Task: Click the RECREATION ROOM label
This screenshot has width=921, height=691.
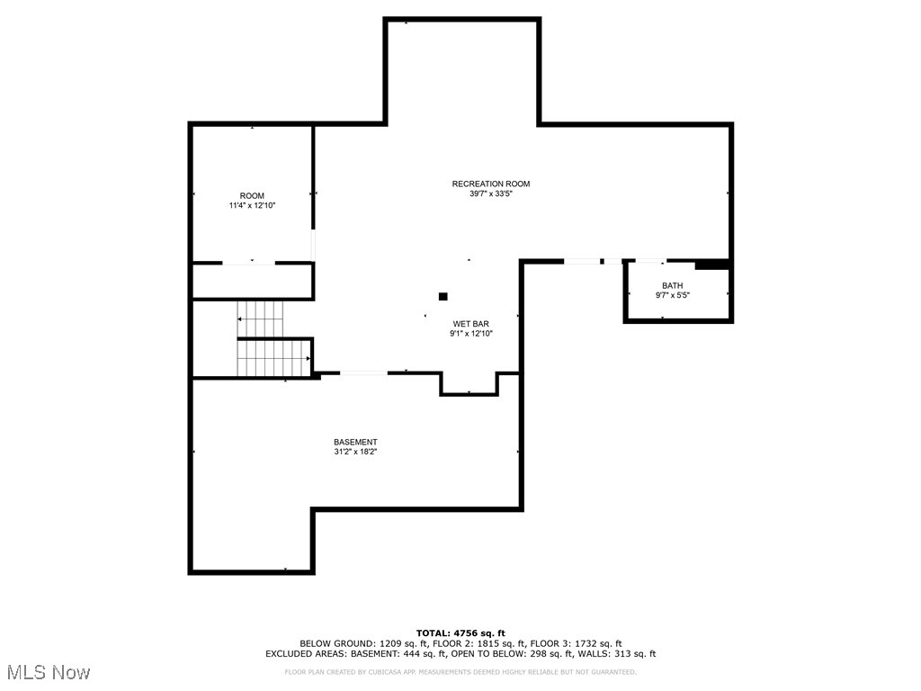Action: pyautogui.click(x=491, y=184)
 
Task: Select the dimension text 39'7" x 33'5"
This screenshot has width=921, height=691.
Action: pyautogui.click(x=491, y=194)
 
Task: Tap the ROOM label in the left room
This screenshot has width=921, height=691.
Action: pyautogui.click(x=252, y=196)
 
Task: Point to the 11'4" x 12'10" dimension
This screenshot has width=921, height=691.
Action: pyautogui.click(x=252, y=206)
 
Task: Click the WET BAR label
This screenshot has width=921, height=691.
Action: pyautogui.click(x=470, y=323)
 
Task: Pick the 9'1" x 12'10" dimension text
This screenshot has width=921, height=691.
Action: pyautogui.click(x=470, y=334)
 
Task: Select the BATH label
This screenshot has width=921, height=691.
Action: pyautogui.click(x=673, y=285)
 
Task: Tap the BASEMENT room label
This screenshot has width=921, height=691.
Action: pyautogui.click(x=355, y=442)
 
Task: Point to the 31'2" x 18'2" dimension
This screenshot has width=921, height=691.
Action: pyautogui.click(x=355, y=453)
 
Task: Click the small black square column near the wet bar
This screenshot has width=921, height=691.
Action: pyautogui.click(x=443, y=296)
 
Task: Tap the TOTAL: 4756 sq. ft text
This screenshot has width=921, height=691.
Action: pyautogui.click(x=460, y=633)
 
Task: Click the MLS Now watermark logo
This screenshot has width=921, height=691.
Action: pyautogui.click(x=49, y=672)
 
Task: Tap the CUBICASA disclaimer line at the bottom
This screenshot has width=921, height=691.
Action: pyautogui.click(x=460, y=671)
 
